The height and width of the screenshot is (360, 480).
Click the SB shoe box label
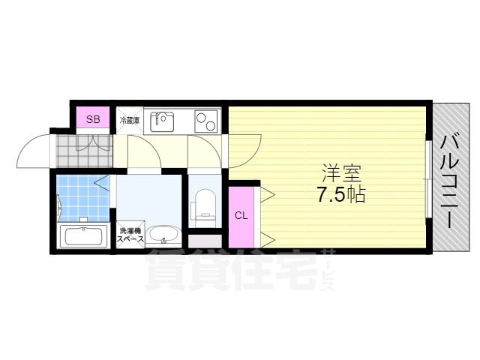[94, 119]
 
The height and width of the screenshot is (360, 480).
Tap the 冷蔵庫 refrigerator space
[129, 119]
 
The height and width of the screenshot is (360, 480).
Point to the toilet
[203, 206]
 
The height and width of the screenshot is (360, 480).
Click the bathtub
[82, 237]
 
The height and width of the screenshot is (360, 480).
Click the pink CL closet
[241, 216]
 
